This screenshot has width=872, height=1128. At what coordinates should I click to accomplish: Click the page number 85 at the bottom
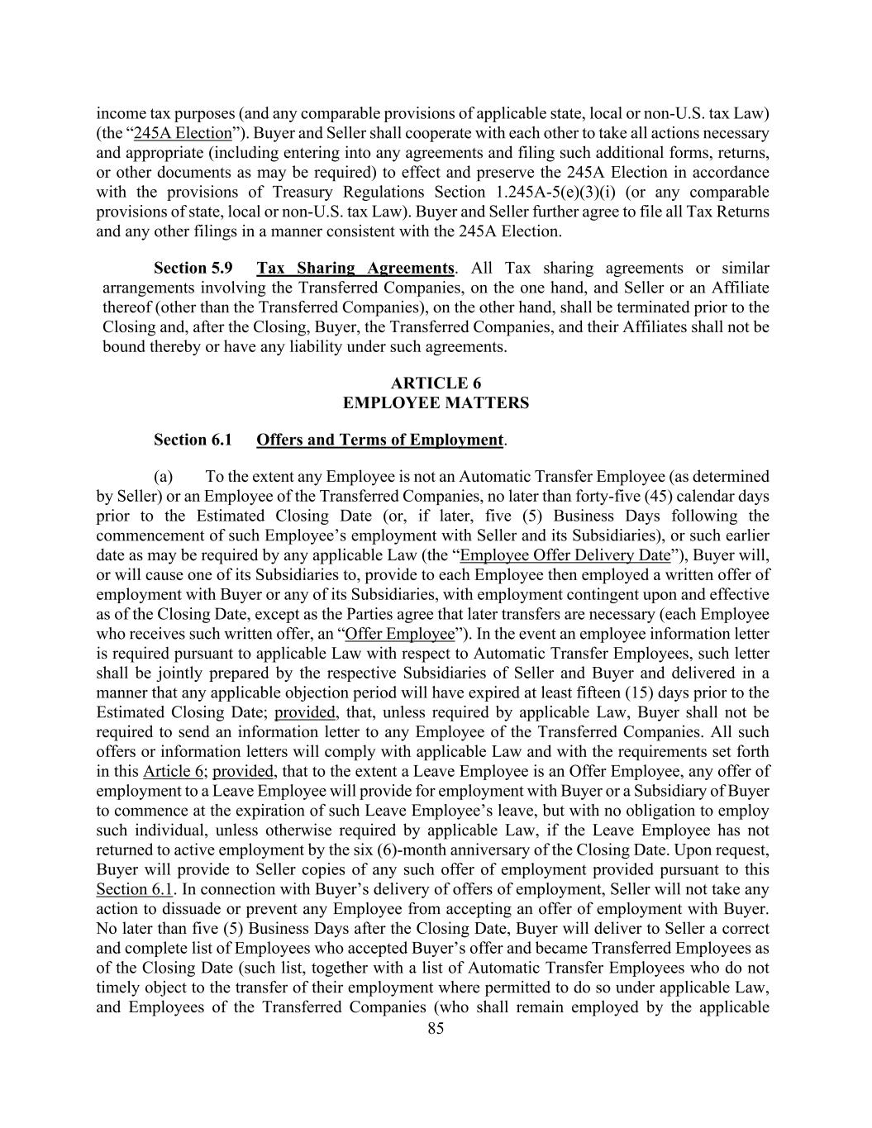436,1028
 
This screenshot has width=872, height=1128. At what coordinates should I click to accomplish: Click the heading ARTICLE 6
436,383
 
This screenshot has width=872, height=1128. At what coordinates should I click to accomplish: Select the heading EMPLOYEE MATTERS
436,402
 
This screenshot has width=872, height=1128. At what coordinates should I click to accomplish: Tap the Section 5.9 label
193,268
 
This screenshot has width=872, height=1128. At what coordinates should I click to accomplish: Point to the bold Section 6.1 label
193,440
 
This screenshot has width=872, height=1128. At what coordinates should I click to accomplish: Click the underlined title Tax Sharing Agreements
355,268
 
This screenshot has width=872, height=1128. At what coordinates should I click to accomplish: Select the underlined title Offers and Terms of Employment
379,440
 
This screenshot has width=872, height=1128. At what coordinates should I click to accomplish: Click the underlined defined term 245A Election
183,133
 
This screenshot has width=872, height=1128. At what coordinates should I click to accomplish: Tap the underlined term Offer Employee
399,634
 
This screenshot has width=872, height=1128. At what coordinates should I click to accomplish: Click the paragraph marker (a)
163,476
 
